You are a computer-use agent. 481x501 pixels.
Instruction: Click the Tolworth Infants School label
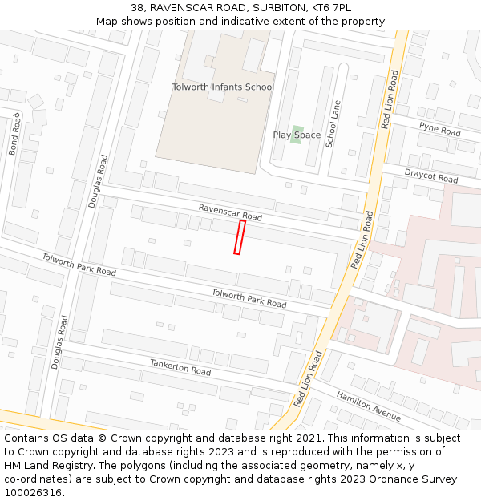pyautogui.click(x=223, y=87)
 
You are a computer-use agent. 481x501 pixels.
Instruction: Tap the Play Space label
pyautogui.click(x=297, y=135)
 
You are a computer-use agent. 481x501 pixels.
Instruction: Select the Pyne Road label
pyautogui.click(x=439, y=128)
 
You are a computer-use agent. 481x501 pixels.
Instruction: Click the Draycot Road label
pyautogui.click(x=430, y=176)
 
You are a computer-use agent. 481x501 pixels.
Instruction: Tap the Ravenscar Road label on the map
pyautogui.click(x=230, y=212)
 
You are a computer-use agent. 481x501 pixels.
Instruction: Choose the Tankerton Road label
pyautogui.click(x=180, y=367)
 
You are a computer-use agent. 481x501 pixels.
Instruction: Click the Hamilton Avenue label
pyautogui.click(x=368, y=406)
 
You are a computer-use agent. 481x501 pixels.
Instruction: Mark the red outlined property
pyautogui.click(x=239, y=237)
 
